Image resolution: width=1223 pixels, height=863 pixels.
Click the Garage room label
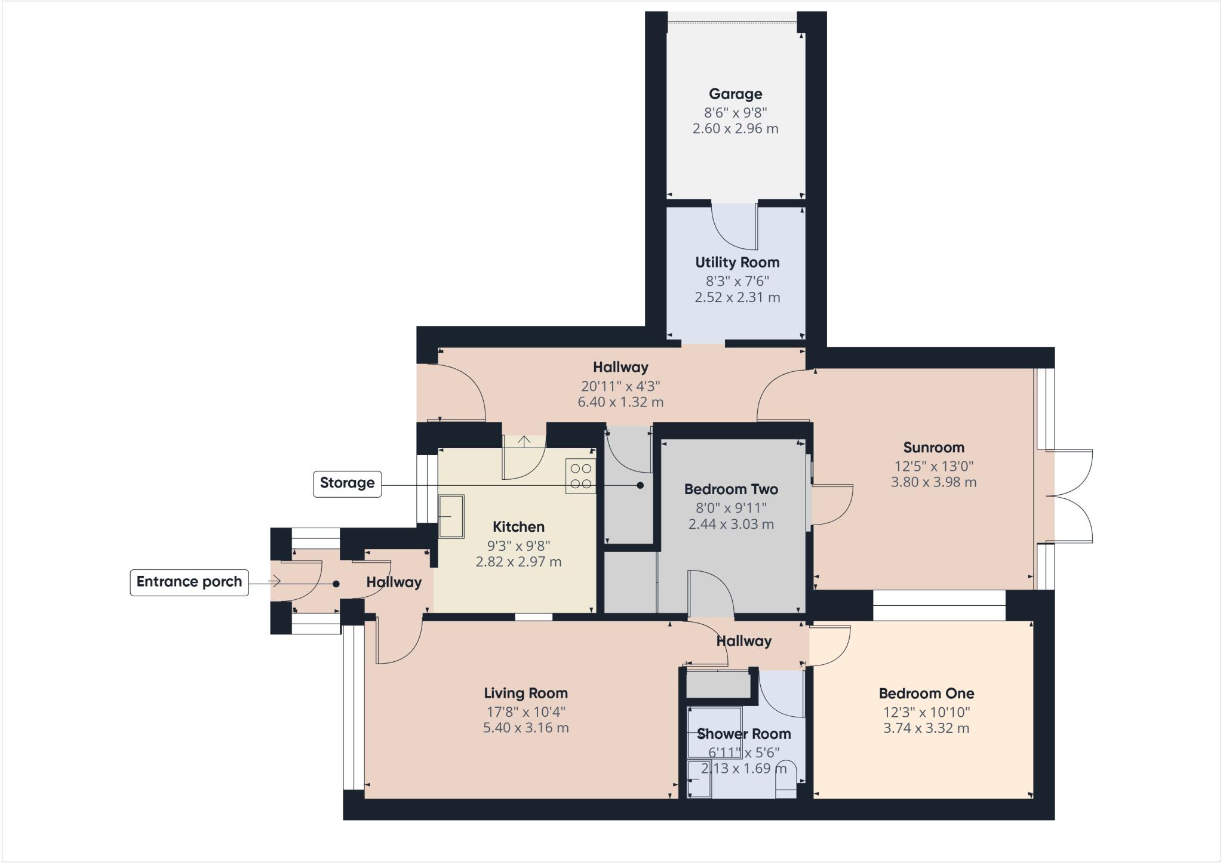(735, 94)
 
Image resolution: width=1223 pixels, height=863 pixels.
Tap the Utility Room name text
(737, 263)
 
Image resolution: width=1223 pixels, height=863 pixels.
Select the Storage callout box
(347, 483)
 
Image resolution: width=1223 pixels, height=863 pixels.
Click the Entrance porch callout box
(189, 582)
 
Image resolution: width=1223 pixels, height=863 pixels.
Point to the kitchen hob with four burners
(580, 476)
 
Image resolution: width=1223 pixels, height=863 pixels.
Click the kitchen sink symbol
(451, 516)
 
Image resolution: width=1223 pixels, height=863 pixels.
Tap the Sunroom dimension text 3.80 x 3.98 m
(933, 482)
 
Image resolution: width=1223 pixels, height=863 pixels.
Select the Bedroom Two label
(731, 489)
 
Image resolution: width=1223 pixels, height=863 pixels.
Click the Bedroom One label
(926, 694)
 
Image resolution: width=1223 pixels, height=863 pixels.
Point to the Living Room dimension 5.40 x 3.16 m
(526, 728)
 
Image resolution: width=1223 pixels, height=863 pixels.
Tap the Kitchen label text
(518, 527)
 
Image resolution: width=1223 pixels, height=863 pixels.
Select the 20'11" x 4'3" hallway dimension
(620, 386)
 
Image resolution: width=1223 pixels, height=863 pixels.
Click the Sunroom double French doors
(1072, 496)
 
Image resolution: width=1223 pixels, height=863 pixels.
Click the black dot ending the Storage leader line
(640, 485)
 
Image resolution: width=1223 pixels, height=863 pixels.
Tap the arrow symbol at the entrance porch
(275, 581)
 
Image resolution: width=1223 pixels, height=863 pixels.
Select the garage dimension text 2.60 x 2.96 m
(735, 129)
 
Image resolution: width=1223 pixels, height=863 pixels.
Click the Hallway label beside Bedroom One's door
(743, 641)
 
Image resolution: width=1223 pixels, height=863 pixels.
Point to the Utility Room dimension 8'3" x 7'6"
(737, 281)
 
